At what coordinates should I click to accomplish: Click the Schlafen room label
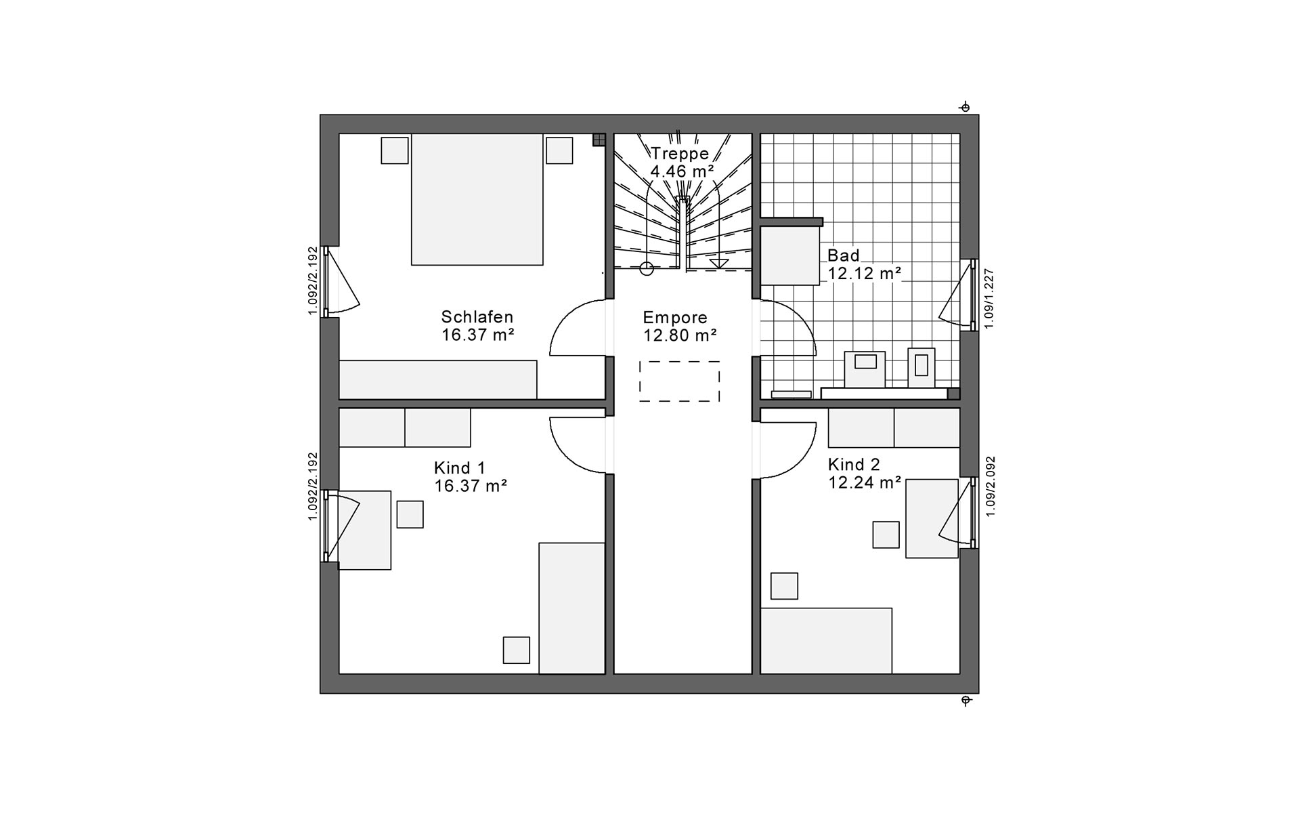pyautogui.click(x=477, y=317)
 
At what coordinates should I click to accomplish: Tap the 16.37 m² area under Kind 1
pyautogui.click(x=471, y=486)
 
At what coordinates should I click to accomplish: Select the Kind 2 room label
pyautogui.click(x=854, y=465)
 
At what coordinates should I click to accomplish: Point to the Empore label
pyautogui.click(x=675, y=317)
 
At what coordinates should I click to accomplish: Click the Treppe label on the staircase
pyautogui.click(x=679, y=154)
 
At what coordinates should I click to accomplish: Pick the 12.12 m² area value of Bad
pyautogui.click(x=865, y=274)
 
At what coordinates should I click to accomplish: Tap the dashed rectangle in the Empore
pyautogui.click(x=679, y=381)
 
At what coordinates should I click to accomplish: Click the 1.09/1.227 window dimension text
pyautogui.click(x=989, y=299)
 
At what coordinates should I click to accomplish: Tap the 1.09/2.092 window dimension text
pyautogui.click(x=991, y=486)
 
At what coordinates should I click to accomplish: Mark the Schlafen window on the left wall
pyautogui.click(x=326, y=281)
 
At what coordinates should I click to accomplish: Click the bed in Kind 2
pyautogui.click(x=826, y=641)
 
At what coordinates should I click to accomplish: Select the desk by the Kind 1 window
pyautogui.click(x=365, y=530)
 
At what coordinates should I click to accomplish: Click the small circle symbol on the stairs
pyautogui.click(x=647, y=268)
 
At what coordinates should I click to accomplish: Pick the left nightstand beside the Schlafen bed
pyautogui.click(x=395, y=150)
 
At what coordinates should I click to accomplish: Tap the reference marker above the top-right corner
pyautogui.click(x=965, y=107)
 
